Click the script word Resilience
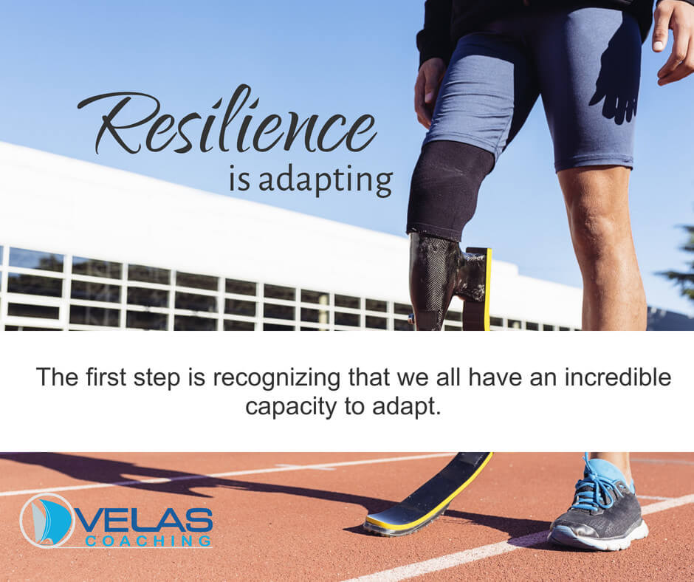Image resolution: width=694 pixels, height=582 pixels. (227, 120)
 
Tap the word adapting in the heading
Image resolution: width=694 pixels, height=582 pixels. (326, 181)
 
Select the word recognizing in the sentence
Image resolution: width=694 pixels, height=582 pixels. (277, 379)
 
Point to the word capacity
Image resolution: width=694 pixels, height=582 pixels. (291, 408)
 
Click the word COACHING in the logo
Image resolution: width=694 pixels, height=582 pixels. (148, 541)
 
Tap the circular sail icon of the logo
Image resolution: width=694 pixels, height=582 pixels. (47, 521)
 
